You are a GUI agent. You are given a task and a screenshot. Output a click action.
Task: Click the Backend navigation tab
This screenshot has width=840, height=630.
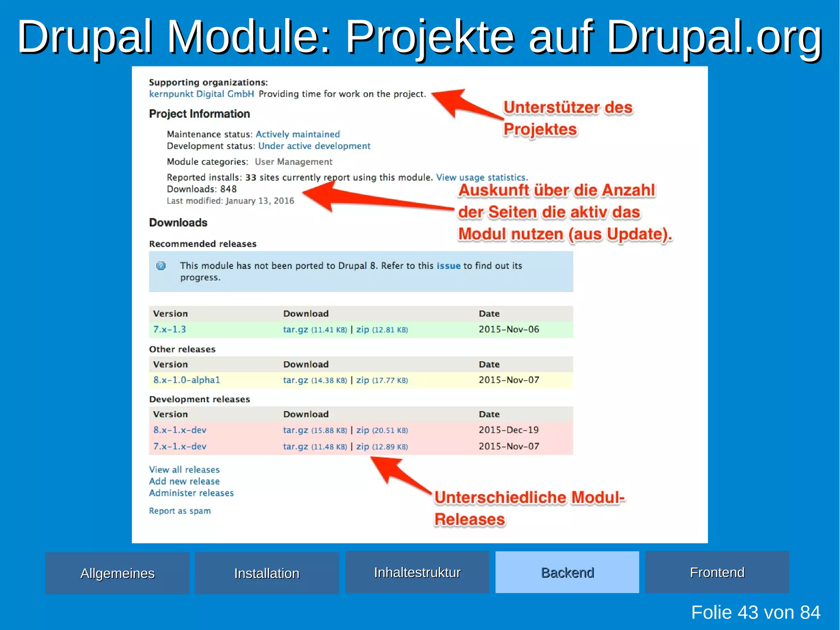click(567, 572)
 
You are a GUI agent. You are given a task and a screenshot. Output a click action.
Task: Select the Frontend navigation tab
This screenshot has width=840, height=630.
click(717, 572)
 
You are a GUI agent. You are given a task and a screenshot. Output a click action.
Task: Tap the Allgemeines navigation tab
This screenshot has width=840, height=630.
click(117, 573)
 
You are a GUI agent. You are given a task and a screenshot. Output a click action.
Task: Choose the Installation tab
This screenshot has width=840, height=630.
click(267, 573)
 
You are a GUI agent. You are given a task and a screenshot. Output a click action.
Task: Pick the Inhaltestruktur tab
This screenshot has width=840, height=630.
click(417, 572)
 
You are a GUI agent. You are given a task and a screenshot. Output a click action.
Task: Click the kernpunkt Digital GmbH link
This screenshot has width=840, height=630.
click(201, 94)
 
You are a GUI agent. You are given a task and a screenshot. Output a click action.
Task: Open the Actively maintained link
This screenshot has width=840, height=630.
click(297, 134)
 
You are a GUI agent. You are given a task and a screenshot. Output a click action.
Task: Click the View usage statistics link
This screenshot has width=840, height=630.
click(481, 177)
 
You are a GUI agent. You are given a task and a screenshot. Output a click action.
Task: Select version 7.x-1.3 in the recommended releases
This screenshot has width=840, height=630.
click(169, 329)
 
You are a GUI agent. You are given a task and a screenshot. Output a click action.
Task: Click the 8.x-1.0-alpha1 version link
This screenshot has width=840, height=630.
click(187, 380)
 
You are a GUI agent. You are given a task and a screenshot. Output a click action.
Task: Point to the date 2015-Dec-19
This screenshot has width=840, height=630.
click(509, 430)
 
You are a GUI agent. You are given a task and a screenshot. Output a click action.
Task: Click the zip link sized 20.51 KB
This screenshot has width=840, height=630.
click(363, 430)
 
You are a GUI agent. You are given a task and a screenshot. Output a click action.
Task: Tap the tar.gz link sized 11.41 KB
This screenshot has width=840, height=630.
click(295, 330)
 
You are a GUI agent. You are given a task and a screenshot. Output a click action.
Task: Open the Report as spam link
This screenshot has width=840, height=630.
click(180, 511)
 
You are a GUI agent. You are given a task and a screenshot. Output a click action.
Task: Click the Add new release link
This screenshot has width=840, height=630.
click(184, 481)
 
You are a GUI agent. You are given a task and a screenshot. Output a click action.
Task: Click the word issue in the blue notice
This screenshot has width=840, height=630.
click(448, 266)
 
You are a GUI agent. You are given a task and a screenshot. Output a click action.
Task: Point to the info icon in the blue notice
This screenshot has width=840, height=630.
click(161, 266)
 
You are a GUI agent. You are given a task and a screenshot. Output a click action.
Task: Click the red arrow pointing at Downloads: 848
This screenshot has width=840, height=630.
click(369, 199)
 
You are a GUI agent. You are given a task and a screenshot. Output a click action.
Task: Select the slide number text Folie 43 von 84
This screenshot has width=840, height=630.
click(756, 612)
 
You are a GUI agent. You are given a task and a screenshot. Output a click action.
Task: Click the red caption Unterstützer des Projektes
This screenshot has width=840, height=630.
click(568, 118)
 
